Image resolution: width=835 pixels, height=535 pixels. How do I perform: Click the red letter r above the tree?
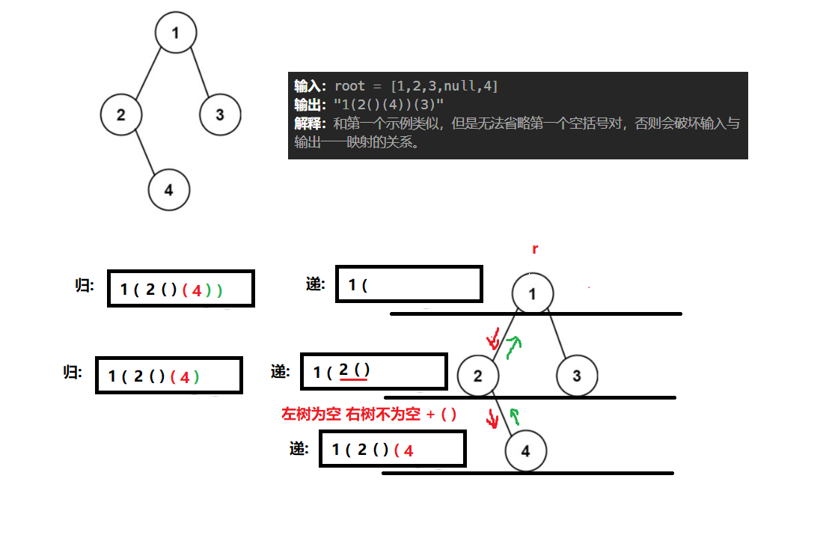click(x=535, y=249)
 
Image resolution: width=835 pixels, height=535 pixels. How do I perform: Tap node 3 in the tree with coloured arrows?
click(x=577, y=376)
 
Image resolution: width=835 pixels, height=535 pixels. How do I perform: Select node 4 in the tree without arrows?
click(x=169, y=190)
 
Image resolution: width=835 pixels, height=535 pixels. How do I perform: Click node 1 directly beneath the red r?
click(x=533, y=294)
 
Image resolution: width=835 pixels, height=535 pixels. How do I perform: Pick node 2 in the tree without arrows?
click(x=121, y=114)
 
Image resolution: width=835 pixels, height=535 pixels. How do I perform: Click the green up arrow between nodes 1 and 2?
click(x=513, y=346)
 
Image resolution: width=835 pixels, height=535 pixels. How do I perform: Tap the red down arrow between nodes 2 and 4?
click(x=492, y=418)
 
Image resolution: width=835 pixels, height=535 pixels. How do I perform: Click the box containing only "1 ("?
click(x=409, y=285)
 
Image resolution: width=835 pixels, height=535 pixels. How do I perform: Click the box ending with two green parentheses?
click(x=180, y=289)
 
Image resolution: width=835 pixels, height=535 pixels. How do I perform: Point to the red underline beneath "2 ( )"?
click(x=353, y=380)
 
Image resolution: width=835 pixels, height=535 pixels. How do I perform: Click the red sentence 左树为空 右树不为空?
click(x=351, y=415)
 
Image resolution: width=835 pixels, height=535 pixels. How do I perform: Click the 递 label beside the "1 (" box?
click(x=315, y=284)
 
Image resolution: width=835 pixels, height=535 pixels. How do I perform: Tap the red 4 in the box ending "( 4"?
click(x=409, y=450)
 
